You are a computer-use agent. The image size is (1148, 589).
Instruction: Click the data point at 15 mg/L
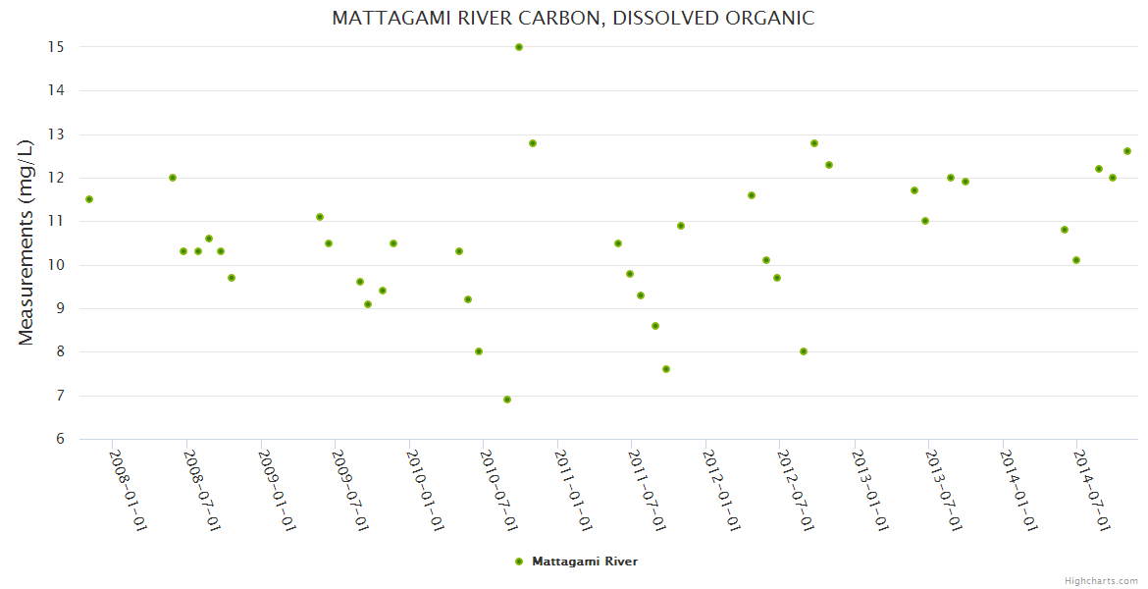(519, 47)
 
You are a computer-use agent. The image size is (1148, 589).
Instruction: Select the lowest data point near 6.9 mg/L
(507, 400)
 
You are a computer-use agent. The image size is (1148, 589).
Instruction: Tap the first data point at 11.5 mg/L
(89, 199)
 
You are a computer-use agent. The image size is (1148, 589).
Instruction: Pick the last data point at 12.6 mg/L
(1127, 151)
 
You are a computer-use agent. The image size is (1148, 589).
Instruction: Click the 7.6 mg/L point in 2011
(666, 369)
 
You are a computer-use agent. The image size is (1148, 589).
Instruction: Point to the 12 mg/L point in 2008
(173, 178)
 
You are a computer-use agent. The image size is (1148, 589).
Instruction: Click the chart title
(573, 18)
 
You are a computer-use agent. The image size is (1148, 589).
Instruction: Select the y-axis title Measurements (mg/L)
(26, 241)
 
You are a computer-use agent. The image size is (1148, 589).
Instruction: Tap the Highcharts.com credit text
(1101, 580)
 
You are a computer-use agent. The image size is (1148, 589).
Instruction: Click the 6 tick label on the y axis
(60, 439)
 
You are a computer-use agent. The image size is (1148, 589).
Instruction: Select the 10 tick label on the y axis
(55, 265)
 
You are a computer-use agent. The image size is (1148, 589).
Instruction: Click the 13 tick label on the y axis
(55, 134)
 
